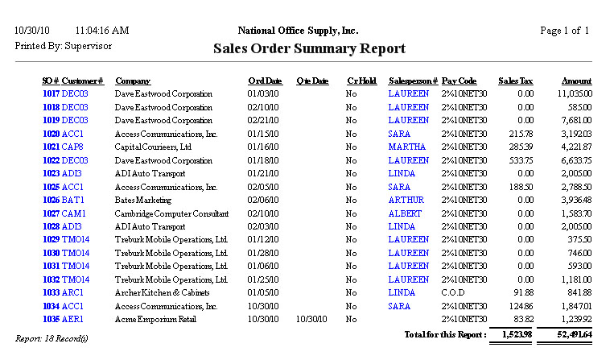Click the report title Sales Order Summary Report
tap(309, 49)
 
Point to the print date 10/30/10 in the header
tap(31, 31)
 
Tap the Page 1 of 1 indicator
tap(565, 31)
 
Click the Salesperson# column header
tap(413, 81)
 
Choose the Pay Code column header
tap(459, 81)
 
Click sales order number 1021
tap(51, 147)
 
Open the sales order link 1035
tap(51, 320)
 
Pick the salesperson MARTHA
tap(406, 147)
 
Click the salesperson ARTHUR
tap(406, 200)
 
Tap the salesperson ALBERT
tap(405, 213)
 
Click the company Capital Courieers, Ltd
tap(153, 147)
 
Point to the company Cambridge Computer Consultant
tap(171, 213)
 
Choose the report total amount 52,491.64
tap(571, 334)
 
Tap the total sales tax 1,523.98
tap(516, 334)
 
